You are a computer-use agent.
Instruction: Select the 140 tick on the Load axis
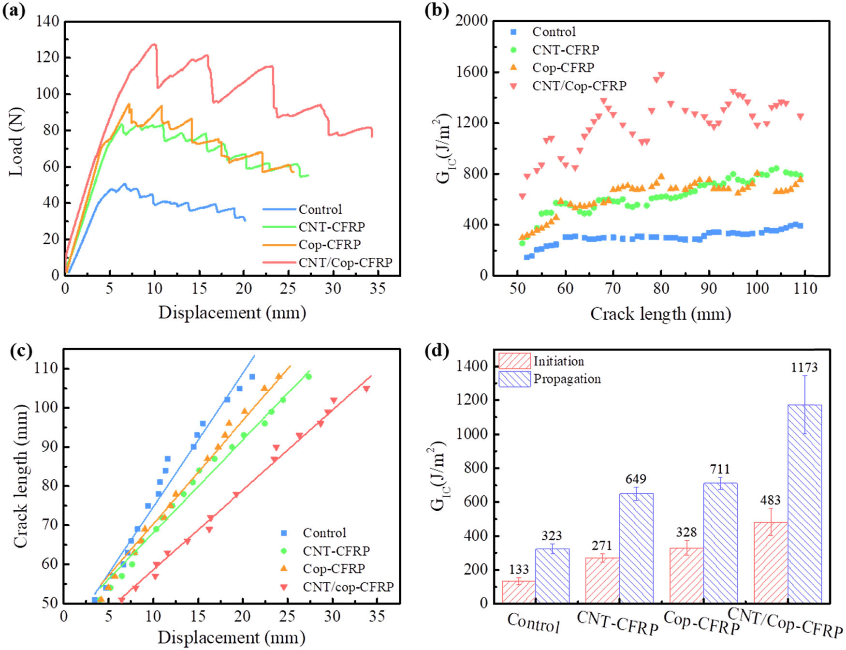[47, 21]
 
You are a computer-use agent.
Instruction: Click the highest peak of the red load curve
[154, 44]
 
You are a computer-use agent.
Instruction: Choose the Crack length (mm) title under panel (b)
[660, 314]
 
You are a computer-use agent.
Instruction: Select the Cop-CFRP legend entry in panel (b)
[563, 68]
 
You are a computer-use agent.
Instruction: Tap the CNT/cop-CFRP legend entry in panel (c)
[348, 587]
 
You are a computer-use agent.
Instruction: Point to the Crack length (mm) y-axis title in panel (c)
[20, 476]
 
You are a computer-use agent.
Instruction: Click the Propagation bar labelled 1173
[804, 503]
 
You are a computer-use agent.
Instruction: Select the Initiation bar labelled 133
[519, 591]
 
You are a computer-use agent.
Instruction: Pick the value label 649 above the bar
[636, 479]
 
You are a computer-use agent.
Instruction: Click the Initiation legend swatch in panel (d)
[514, 361]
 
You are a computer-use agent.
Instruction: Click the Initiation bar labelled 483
[771, 562]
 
